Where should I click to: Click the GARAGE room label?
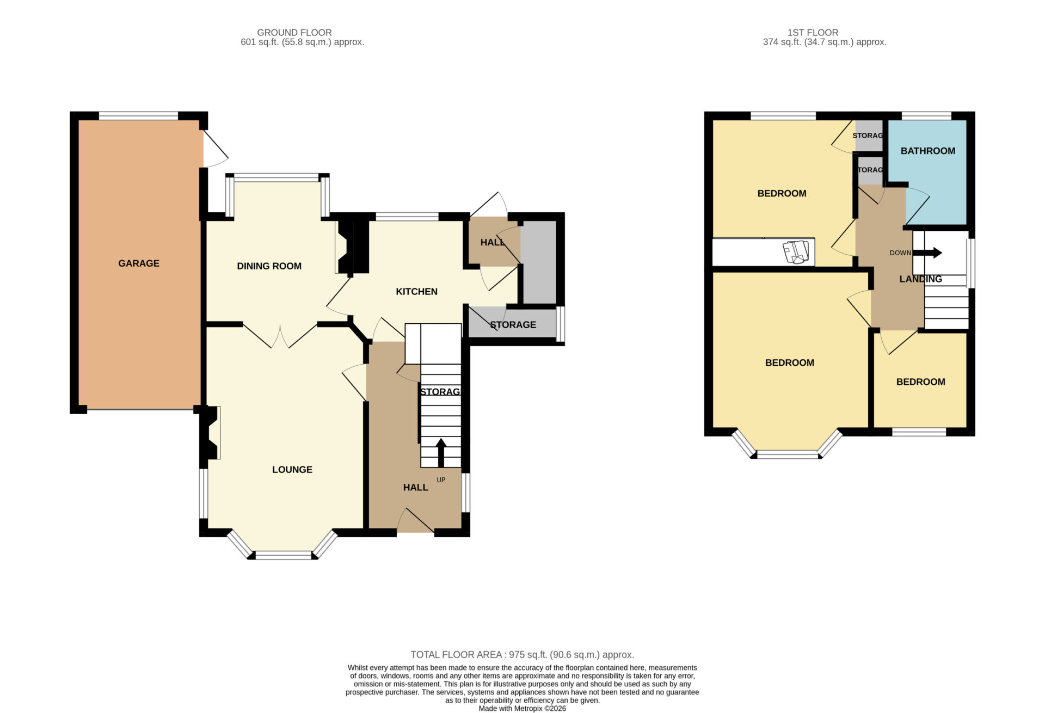(x=139, y=263)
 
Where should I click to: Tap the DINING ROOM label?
(x=269, y=266)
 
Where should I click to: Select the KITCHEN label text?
(x=416, y=292)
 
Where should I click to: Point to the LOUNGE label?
(x=292, y=470)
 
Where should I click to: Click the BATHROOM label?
(x=927, y=151)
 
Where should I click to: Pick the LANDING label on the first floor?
(x=920, y=279)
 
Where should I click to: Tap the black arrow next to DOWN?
(x=927, y=253)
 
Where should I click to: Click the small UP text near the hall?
(x=441, y=480)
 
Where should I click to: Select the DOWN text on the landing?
(x=900, y=253)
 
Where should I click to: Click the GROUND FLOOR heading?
(x=294, y=33)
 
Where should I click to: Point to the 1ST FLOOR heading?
(x=813, y=33)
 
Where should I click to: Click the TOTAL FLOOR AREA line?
(x=522, y=655)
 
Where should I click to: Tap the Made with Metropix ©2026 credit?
(x=522, y=709)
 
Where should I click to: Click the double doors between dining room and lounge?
(x=280, y=336)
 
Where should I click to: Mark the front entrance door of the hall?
(x=415, y=520)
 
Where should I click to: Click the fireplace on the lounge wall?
(x=210, y=433)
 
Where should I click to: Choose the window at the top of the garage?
(x=138, y=115)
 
